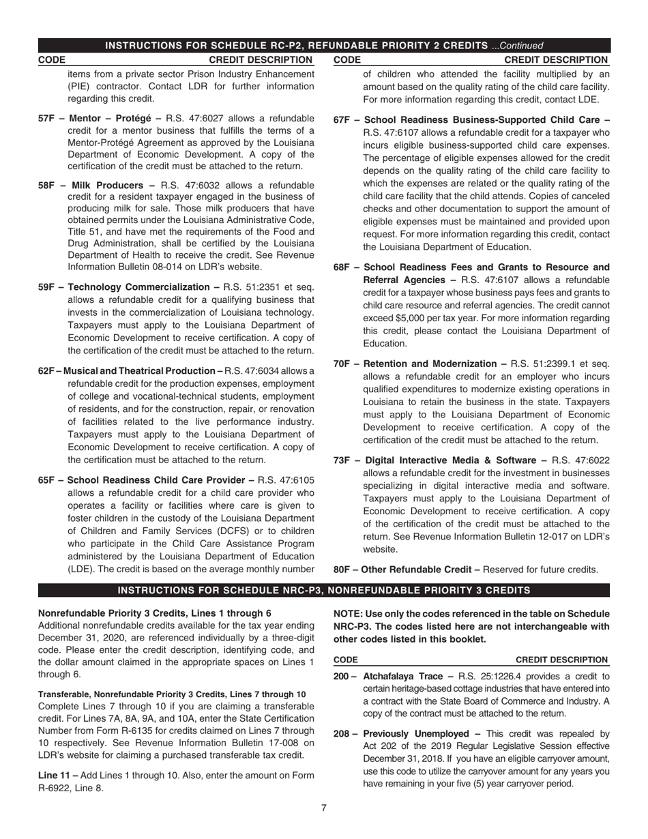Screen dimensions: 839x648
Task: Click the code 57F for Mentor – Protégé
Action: (46, 118)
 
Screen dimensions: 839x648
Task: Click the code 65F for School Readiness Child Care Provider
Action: (46, 480)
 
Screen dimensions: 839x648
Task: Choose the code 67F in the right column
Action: (342, 120)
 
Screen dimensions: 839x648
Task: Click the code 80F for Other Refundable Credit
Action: (342, 570)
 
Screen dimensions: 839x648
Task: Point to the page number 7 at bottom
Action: (324, 808)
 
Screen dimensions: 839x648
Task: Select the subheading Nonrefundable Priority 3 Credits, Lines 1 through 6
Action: (155, 613)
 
